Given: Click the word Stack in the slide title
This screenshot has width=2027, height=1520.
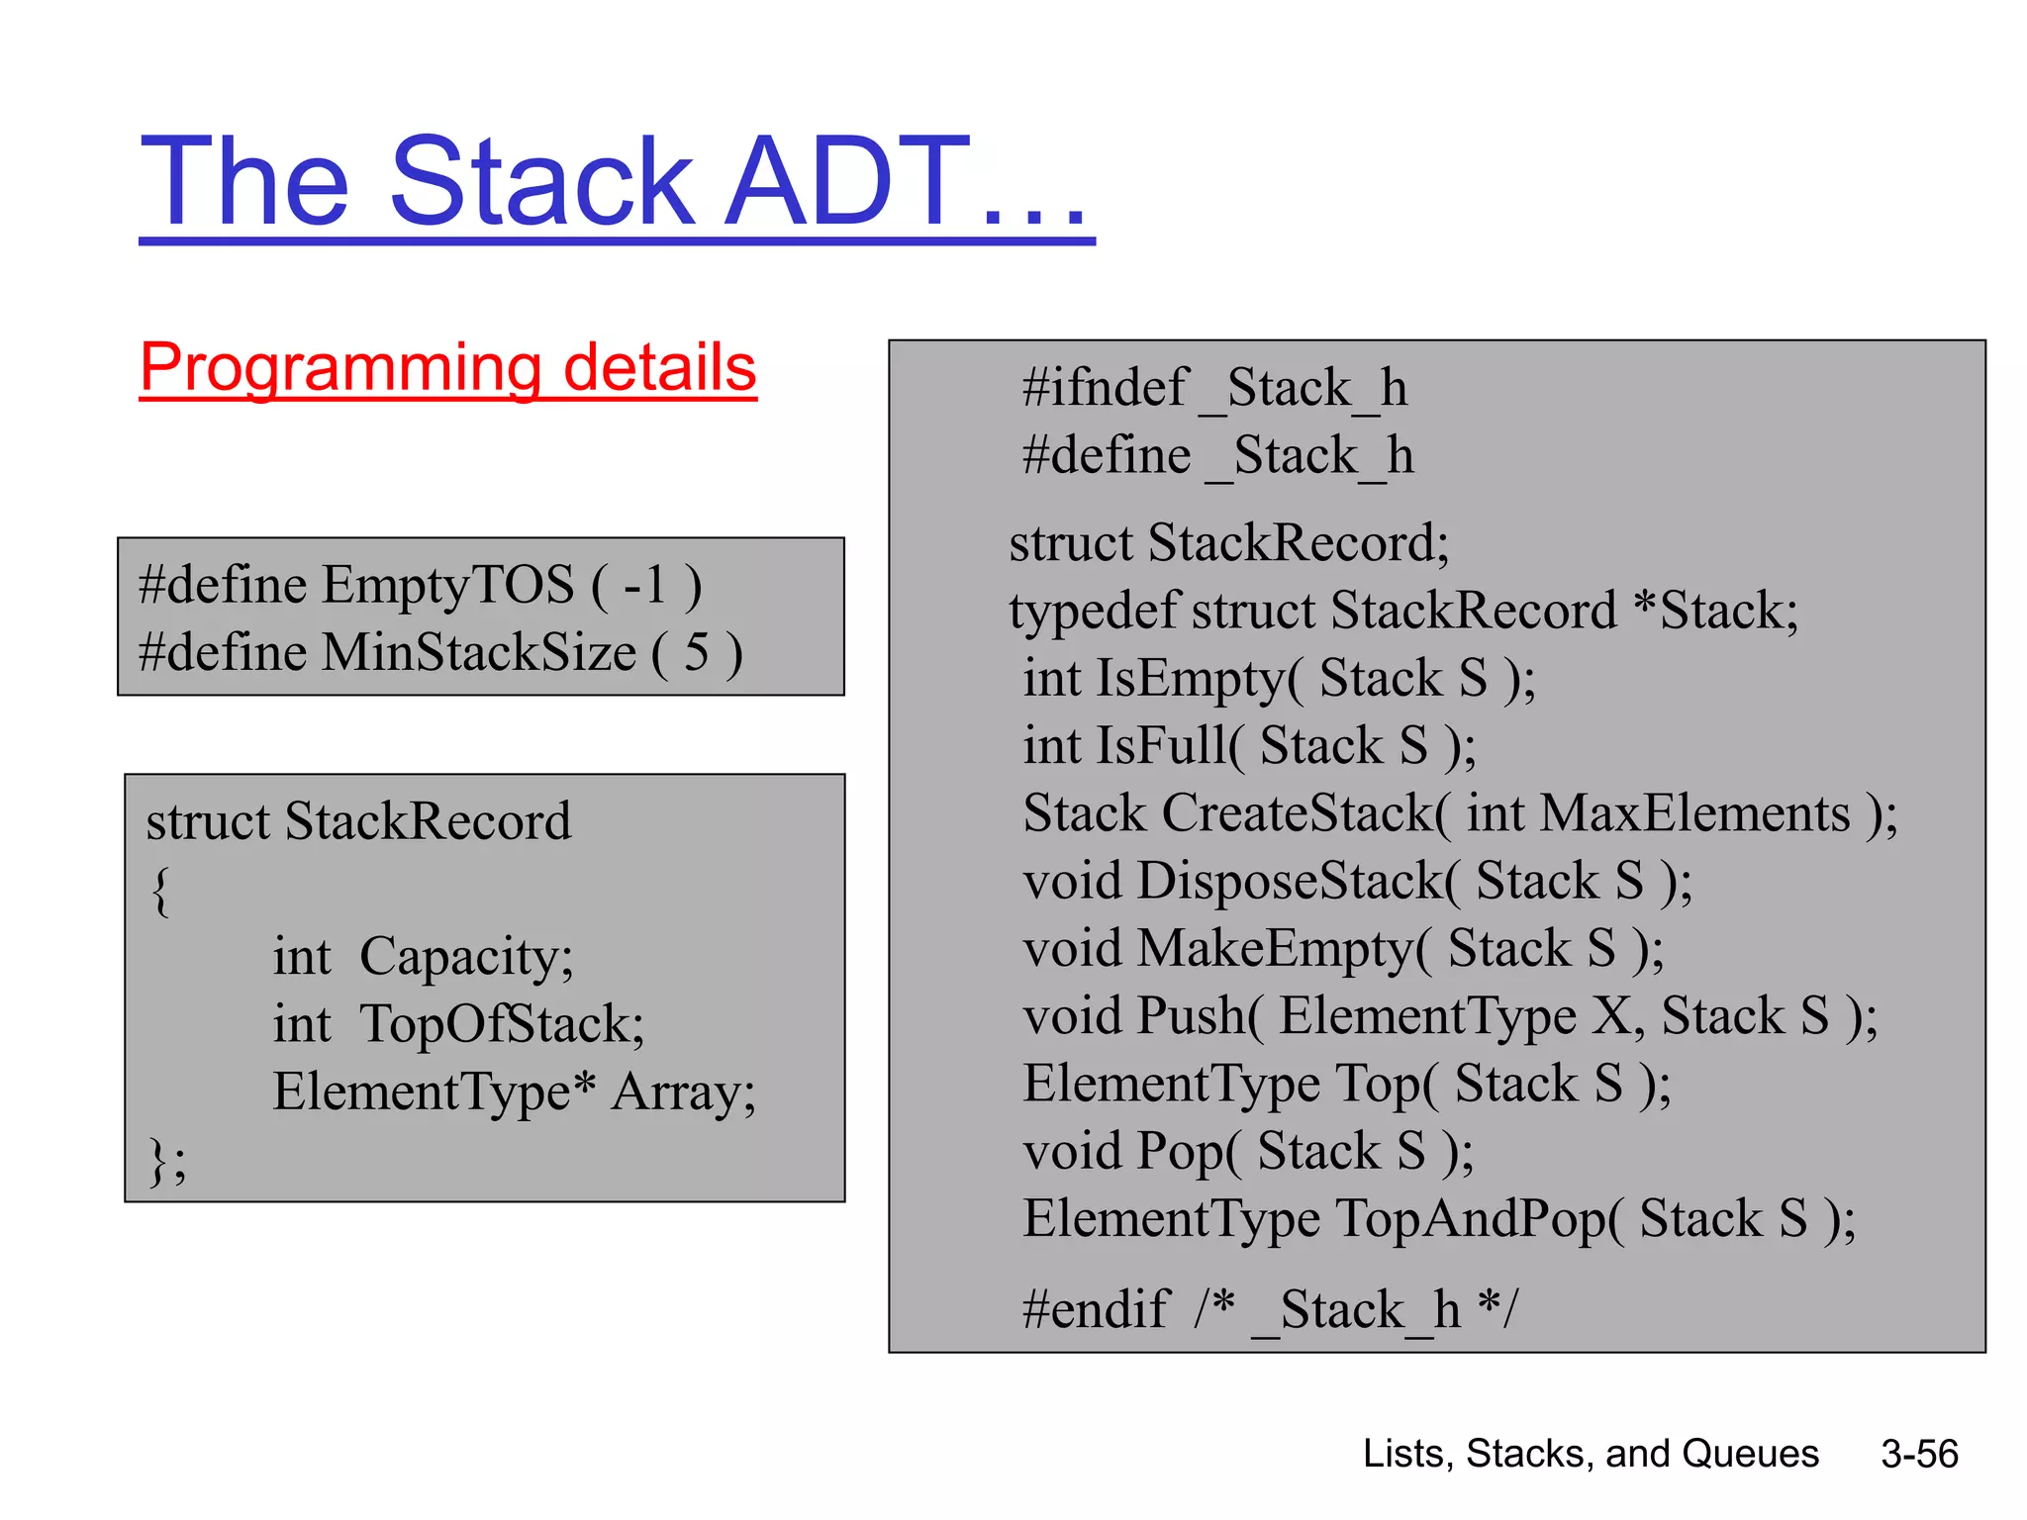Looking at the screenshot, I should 541,183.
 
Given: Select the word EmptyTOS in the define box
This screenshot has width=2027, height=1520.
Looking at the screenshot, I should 447,585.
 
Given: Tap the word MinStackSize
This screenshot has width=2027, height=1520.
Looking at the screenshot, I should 478,653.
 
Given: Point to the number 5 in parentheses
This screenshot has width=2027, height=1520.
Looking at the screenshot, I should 697,653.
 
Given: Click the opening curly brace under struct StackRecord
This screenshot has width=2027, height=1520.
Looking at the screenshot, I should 160,891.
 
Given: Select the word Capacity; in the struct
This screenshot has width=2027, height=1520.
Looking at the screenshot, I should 466,957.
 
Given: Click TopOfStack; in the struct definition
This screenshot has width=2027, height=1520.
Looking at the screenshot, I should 502,1024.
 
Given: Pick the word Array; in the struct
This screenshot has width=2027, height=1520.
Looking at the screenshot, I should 683,1092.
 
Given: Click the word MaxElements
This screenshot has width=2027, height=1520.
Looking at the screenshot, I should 1694,814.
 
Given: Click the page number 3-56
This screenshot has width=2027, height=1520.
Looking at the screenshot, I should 1919,1454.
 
